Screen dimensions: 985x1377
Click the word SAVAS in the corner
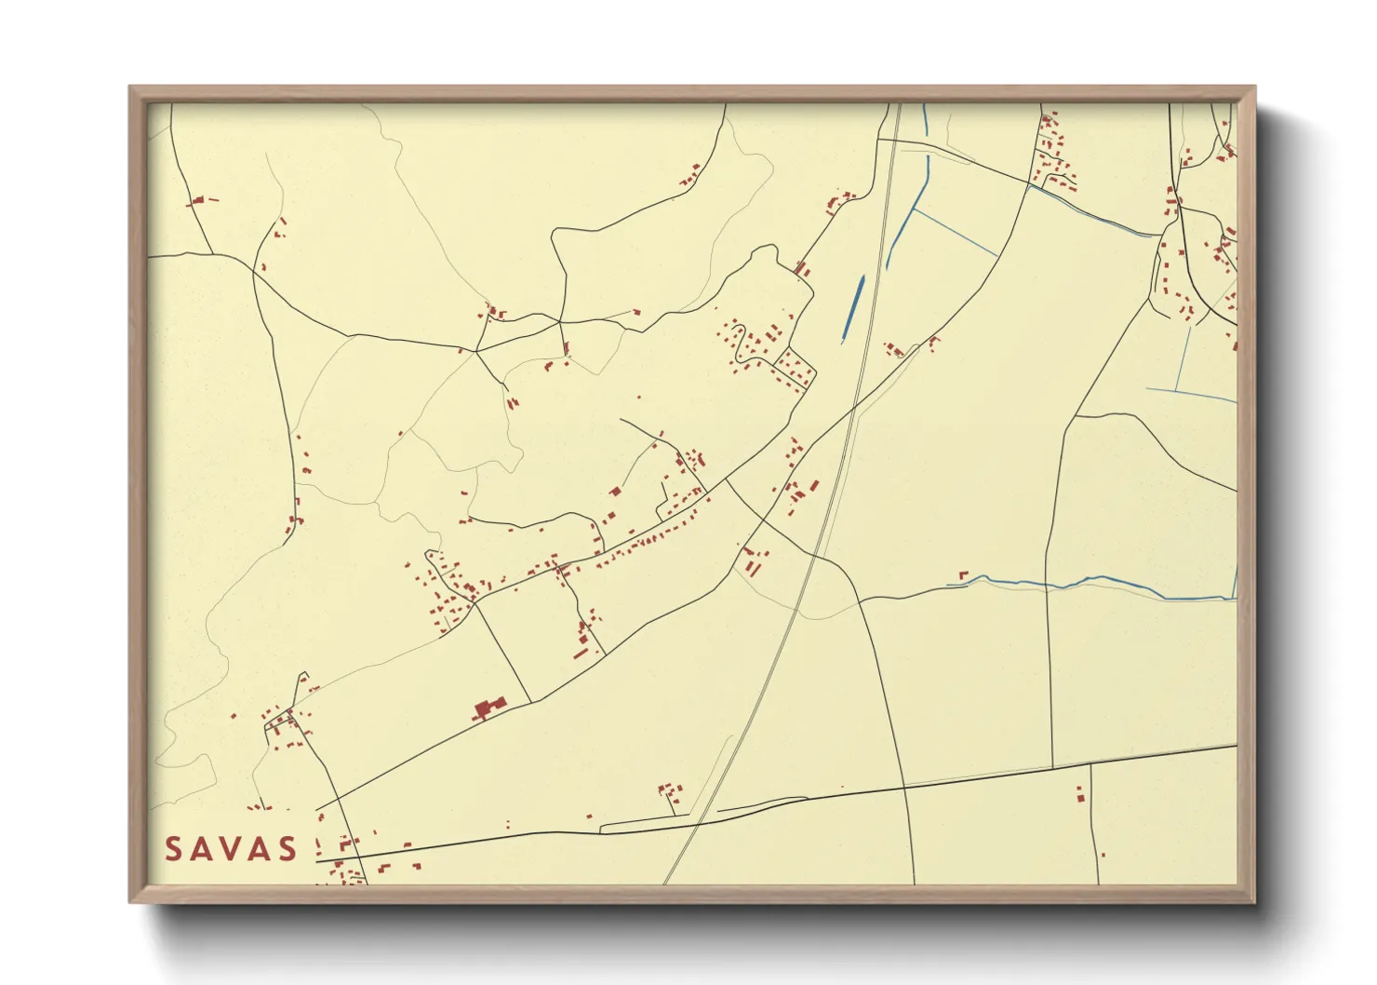[x=231, y=848]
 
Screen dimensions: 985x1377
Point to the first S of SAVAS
[x=173, y=848]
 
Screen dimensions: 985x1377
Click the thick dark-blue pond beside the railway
[x=852, y=308]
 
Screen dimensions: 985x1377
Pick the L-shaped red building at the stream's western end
[x=963, y=576]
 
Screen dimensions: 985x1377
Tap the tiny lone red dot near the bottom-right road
[x=1103, y=855]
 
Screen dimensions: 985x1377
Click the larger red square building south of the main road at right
[x=1080, y=796]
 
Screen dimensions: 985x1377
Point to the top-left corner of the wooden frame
[x=130, y=88]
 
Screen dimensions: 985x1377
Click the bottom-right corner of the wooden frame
[x=1254, y=901]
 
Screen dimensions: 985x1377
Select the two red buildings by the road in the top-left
[x=200, y=200]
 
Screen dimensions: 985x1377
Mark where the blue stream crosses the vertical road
[x=1048, y=585]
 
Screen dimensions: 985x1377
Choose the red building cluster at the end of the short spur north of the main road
[x=669, y=793]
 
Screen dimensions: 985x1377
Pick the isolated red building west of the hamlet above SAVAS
[x=234, y=716]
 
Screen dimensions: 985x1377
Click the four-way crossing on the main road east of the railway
[x=903, y=788]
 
